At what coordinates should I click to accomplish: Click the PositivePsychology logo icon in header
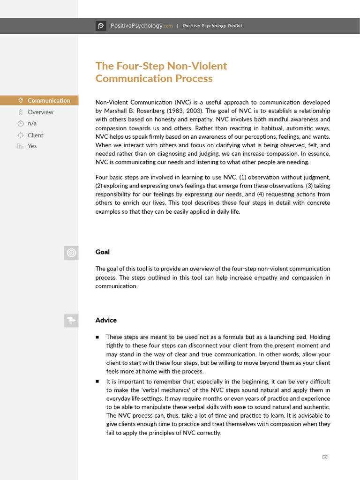[101, 26]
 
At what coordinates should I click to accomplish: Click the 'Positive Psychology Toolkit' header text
[212, 26]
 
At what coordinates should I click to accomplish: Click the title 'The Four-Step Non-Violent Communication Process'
[161, 72]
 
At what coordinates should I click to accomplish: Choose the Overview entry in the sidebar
[40, 112]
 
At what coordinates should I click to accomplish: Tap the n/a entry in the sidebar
[32, 123]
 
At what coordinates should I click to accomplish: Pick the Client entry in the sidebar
[35, 135]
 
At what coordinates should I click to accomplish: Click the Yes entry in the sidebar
[32, 146]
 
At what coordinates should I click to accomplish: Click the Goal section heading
[103, 252]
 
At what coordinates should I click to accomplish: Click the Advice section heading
[106, 320]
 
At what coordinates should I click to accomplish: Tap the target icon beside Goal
[71, 253]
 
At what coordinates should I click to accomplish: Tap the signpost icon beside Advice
[71, 321]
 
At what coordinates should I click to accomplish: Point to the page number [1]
[325, 457]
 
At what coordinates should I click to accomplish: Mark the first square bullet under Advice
[97, 337]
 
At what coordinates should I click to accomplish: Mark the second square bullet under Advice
[97, 382]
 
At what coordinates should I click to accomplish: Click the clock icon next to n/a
[20, 124]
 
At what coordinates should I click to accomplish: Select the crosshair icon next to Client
[20, 135]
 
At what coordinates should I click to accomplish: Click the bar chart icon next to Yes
[20, 146]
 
